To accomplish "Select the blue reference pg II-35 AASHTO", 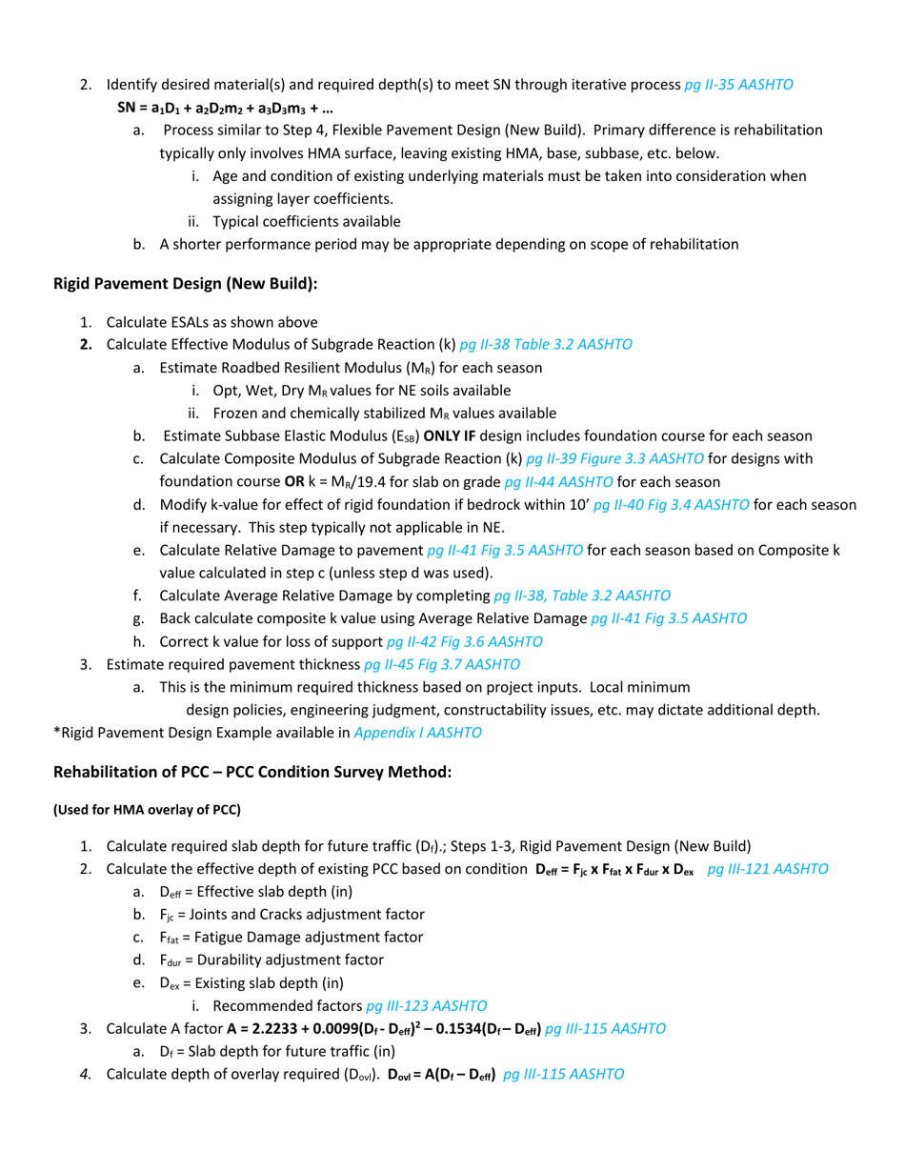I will coord(739,84).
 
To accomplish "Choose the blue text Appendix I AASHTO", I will coord(417,733).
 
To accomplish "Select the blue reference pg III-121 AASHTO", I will coord(768,870).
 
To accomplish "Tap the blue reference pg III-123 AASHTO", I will coord(427,1005).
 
